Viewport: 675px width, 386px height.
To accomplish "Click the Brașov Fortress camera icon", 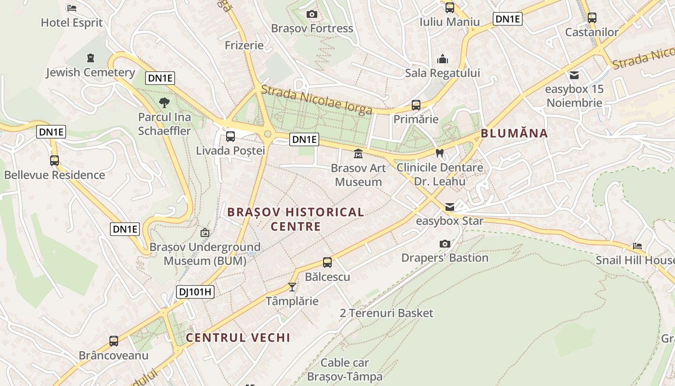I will tap(312, 14).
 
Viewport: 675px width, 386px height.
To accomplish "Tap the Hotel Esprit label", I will tap(72, 22).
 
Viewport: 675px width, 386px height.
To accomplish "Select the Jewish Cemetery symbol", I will tap(90, 58).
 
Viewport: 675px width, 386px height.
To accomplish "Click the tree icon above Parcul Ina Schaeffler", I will tap(164, 102).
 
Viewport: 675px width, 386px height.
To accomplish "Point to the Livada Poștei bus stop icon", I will tap(230, 136).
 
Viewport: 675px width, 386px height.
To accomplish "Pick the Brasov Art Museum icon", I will tap(358, 154).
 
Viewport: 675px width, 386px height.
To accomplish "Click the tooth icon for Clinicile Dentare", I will tap(439, 153).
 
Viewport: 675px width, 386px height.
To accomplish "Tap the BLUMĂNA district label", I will tap(514, 134).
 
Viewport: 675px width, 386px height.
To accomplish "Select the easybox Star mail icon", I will tap(449, 207).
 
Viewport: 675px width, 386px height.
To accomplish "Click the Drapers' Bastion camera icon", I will tap(445, 244).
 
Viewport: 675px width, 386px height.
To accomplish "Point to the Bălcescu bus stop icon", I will tap(327, 262).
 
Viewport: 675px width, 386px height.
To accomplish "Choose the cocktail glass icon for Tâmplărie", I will tap(292, 287).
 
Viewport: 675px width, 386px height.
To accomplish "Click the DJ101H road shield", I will tap(195, 291).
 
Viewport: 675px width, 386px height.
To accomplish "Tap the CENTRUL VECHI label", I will tap(238, 338).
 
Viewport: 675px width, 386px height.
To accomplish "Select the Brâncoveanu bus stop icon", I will tap(114, 341).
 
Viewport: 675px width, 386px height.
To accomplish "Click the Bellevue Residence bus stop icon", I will tap(54, 161).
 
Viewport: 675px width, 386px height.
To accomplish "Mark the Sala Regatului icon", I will tap(443, 59).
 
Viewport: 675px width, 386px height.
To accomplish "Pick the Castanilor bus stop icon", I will tap(592, 18).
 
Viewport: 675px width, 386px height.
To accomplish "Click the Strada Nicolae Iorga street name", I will tap(316, 99).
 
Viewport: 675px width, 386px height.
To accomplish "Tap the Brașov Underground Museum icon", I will tap(205, 233).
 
